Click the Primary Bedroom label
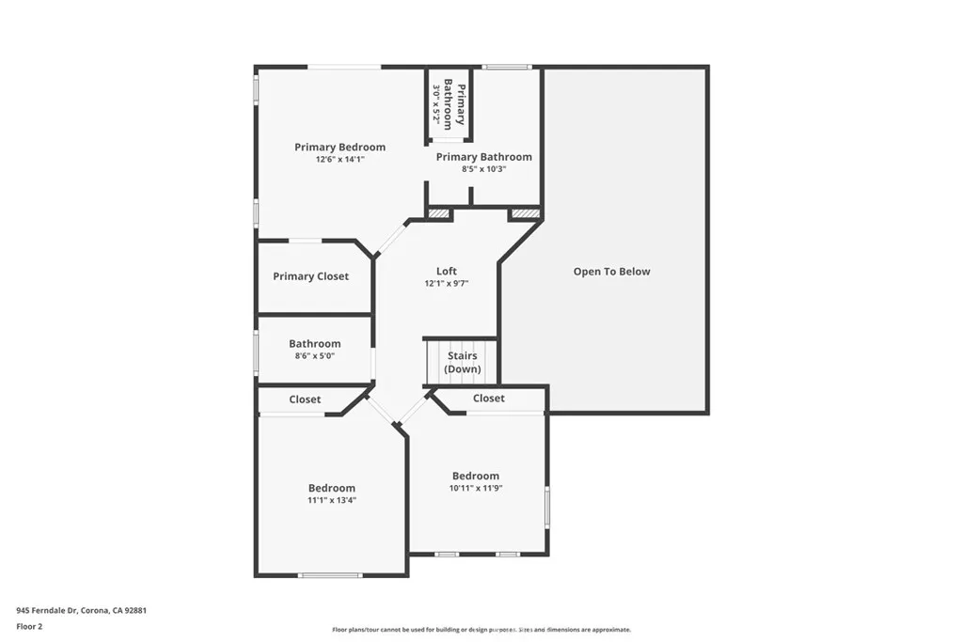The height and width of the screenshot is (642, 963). pos(339,147)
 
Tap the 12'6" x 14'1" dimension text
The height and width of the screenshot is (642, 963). pos(339,160)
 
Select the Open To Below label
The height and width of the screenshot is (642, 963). pos(611,272)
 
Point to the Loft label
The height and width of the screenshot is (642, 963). pos(446,271)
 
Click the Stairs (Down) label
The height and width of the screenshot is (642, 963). pos(462,363)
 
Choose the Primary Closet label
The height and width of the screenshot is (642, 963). pos(310,276)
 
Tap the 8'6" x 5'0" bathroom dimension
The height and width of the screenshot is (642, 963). pos(314,357)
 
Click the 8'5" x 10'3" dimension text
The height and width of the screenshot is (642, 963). pos(483,169)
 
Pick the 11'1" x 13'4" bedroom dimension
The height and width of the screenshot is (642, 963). pos(332,500)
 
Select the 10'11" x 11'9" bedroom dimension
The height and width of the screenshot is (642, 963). pos(475,488)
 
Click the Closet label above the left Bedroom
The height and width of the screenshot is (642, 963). pos(305,399)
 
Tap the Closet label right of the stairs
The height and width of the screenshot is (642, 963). pos(488,399)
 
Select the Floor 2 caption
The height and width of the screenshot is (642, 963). pos(29,625)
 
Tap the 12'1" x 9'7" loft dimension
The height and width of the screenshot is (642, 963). pos(446,283)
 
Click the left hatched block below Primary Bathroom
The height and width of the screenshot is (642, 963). pos(439,214)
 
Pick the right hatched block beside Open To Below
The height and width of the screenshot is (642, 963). pos(525,214)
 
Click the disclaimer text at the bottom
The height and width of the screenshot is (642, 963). pos(481,630)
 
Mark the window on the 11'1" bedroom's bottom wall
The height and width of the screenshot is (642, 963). pos(329,574)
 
